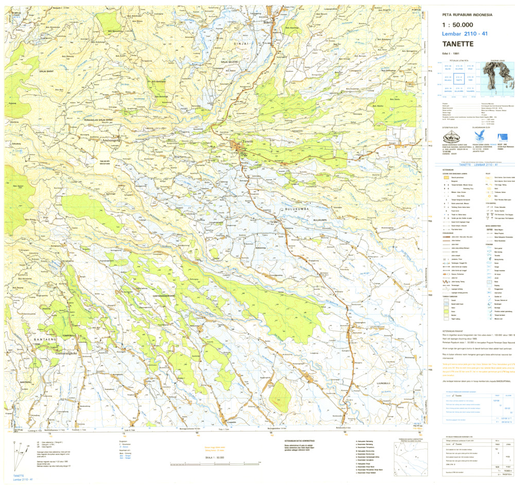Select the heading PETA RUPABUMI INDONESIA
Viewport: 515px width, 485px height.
467,15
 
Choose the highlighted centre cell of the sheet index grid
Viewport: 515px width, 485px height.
456,79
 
